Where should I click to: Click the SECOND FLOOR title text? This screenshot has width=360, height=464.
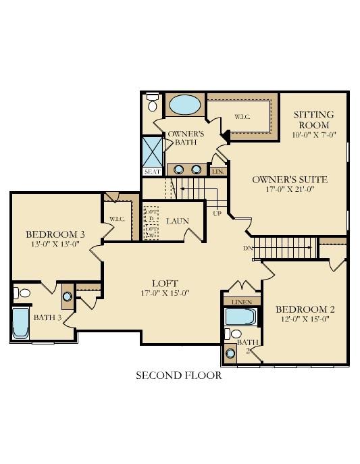[x=178, y=376]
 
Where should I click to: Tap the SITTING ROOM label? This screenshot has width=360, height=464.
[x=311, y=120]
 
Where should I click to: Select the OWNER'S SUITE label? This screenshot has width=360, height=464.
[x=290, y=179]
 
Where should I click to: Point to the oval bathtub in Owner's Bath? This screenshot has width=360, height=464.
[x=184, y=105]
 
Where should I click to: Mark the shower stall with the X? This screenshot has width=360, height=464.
[x=153, y=151]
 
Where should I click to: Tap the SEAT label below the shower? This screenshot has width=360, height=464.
[x=151, y=172]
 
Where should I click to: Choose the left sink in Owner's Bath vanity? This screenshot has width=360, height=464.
[x=180, y=169]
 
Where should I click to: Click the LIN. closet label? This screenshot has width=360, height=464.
[x=217, y=172]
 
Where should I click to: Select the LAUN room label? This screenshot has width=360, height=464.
[x=178, y=220]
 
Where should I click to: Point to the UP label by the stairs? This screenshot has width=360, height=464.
[x=217, y=213]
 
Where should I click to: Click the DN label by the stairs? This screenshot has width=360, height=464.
[x=248, y=247]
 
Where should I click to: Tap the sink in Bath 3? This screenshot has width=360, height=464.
[x=68, y=295]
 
